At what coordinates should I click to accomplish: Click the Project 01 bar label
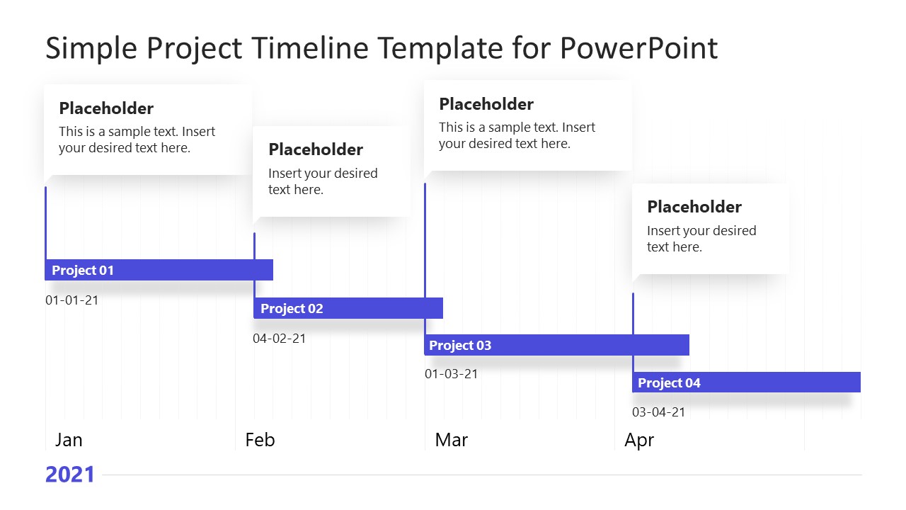point(83,270)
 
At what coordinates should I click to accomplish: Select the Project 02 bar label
point(292,308)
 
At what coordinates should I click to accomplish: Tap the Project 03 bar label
point(460,345)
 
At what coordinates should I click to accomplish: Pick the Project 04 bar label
point(669,382)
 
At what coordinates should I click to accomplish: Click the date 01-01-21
point(72,300)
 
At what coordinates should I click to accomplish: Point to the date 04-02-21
point(280,338)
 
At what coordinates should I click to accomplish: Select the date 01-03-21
point(452,373)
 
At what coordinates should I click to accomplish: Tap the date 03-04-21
point(658,412)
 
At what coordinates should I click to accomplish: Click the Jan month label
point(69,440)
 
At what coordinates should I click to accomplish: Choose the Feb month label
point(260,440)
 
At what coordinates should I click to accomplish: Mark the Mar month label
point(452,440)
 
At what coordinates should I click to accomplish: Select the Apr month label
point(639,440)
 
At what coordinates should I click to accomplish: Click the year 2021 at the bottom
point(70,475)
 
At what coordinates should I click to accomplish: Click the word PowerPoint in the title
point(638,48)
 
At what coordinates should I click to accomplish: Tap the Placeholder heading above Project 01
point(106,108)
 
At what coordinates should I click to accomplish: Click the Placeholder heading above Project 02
point(316,149)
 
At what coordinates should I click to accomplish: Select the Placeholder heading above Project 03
point(486,104)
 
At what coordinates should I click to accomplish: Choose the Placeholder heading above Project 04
point(694,207)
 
